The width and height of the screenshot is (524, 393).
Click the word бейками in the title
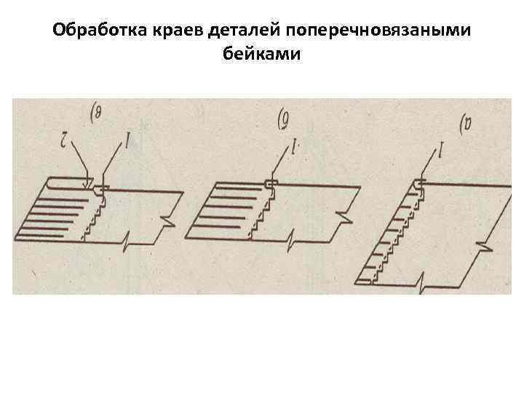click(x=262, y=55)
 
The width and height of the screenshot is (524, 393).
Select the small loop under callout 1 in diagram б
click(x=271, y=183)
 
